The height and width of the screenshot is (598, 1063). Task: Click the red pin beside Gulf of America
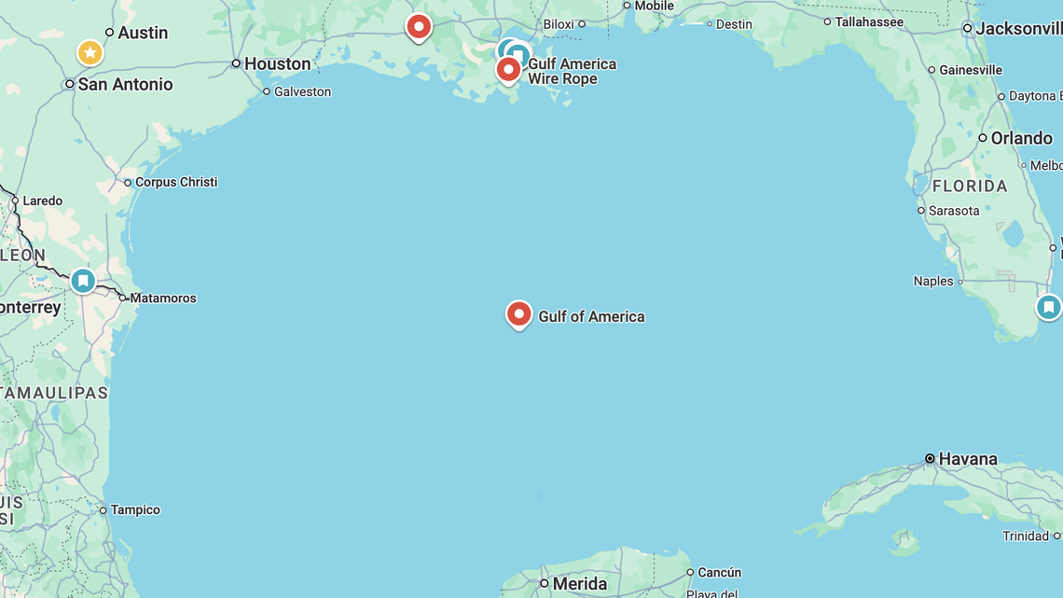point(518,313)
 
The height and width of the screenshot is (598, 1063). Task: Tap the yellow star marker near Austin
point(90,52)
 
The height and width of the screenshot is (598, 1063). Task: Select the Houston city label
point(277,63)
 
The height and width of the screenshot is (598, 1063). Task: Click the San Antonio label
point(125,84)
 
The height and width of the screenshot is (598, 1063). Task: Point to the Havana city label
point(968,459)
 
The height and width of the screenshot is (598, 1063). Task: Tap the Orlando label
point(1021,138)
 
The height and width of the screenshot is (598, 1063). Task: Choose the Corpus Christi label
point(176,182)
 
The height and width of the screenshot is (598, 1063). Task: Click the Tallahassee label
point(869,21)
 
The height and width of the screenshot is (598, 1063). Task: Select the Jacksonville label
point(1018,29)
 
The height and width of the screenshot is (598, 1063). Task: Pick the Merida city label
point(579,584)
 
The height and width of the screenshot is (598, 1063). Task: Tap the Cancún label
point(719,572)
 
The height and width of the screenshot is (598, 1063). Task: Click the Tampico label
point(135,510)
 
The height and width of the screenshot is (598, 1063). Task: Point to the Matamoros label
point(163,299)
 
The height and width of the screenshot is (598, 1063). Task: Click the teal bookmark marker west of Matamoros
point(83,280)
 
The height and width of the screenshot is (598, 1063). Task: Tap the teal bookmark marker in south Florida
point(1048,306)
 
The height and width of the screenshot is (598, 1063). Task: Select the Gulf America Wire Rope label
point(572,71)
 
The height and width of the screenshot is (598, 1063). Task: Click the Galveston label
point(302,91)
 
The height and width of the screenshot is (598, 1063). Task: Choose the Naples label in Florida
point(933,281)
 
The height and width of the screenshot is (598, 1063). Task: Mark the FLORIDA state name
point(970,186)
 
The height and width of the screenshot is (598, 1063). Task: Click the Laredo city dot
point(15,201)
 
